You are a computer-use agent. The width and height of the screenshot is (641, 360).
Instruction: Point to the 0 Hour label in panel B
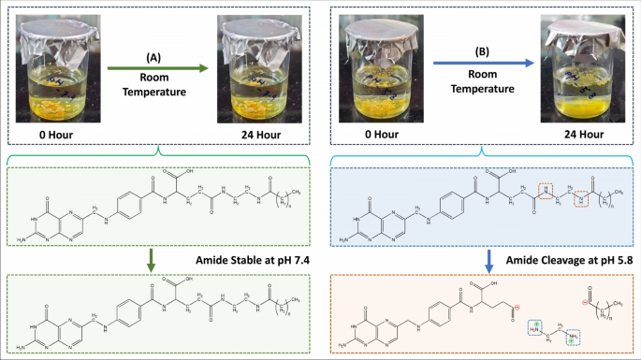click(377, 136)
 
